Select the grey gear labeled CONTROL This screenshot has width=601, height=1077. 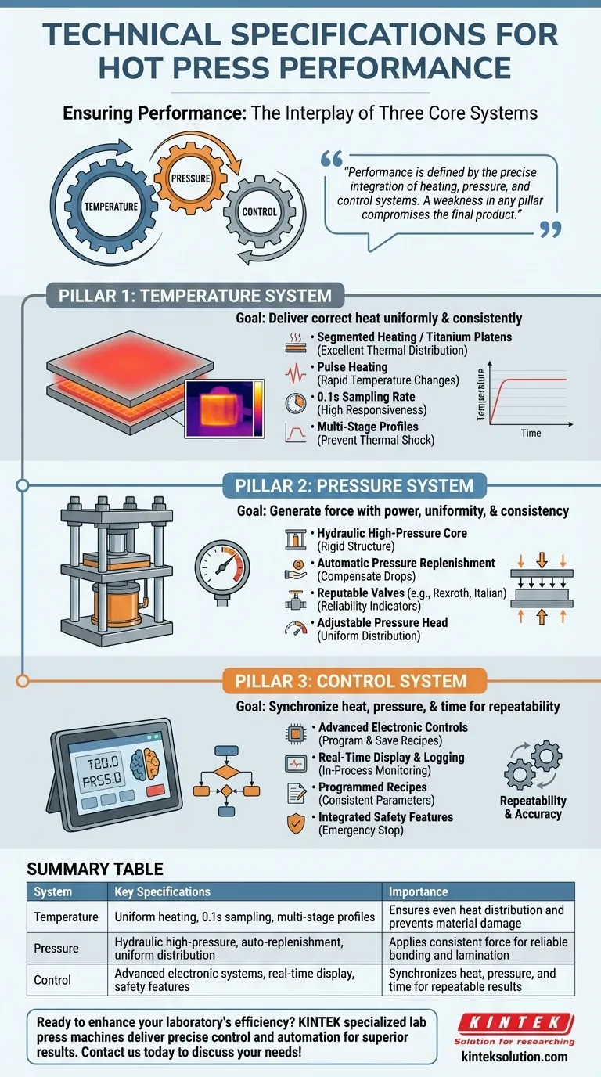point(258,211)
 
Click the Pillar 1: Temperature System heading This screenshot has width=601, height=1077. point(195,296)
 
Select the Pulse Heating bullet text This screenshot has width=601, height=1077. point(351,366)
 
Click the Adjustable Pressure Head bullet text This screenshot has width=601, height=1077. point(382,622)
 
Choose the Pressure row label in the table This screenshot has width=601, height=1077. point(56,949)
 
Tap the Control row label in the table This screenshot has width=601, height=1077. point(52,980)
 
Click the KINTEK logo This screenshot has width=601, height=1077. point(514,1022)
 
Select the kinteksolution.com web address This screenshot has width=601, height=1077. point(514,1057)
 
